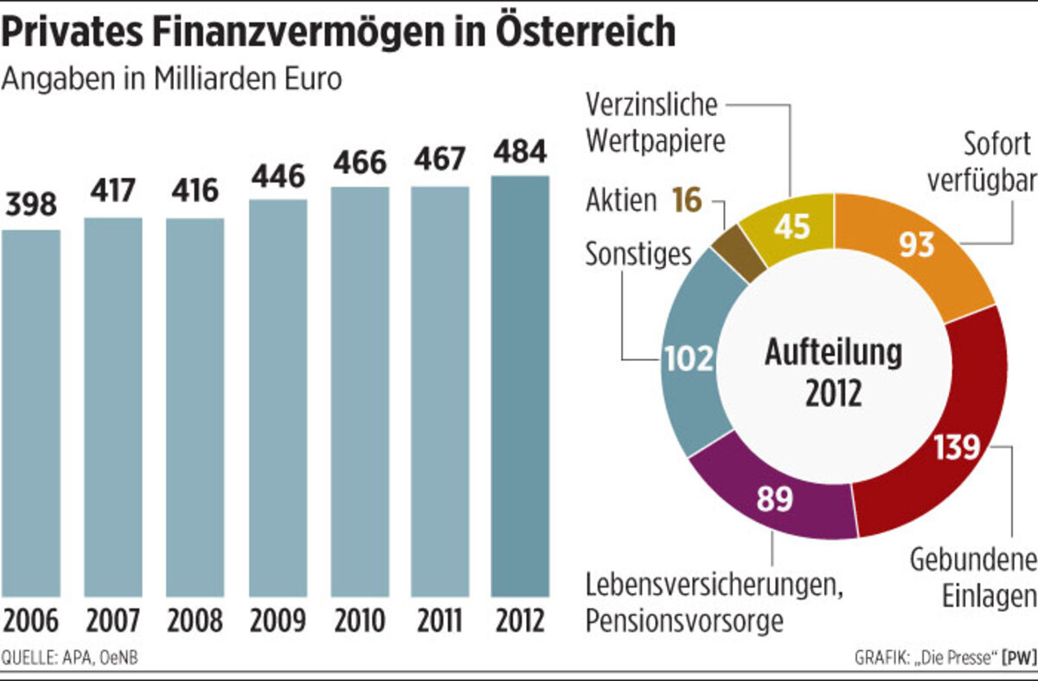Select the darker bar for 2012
click(520, 386)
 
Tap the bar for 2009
click(278, 398)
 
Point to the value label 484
click(520, 153)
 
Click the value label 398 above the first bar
click(31, 206)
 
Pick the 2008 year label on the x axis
click(195, 621)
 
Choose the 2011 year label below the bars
click(439, 621)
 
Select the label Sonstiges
click(638, 254)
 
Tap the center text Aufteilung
click(833, 352)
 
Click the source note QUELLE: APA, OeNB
click(70, 659)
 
